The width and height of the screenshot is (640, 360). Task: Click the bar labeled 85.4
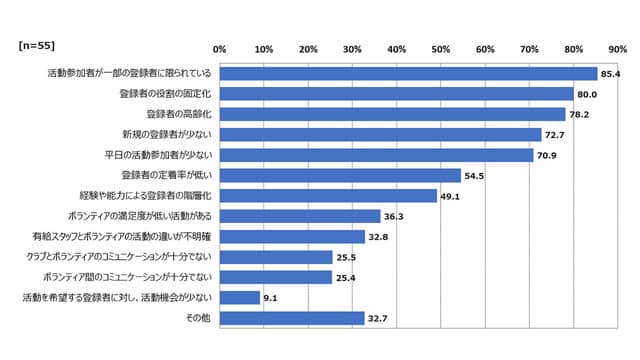pos(408,73)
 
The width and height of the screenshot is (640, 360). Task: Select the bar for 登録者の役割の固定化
pos(396,93)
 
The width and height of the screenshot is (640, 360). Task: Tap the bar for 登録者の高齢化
pos(392,114)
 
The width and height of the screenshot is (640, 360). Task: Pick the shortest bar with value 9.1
pos(240,297)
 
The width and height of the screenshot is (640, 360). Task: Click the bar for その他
pos(292,318)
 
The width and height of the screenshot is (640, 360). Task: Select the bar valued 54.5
pos(340,175)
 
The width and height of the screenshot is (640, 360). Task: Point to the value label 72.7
pos(556,134)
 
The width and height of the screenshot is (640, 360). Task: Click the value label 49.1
pos(452,196)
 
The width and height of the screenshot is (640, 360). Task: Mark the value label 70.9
pos(548,155)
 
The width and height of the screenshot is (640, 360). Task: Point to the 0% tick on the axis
pos(220,48)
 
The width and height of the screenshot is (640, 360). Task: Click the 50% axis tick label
pos(441,48)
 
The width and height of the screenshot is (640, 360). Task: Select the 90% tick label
pos(618,48)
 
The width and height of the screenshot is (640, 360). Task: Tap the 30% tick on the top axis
pos(353,48)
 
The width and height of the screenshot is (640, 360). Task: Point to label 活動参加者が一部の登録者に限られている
pos(129,73)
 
